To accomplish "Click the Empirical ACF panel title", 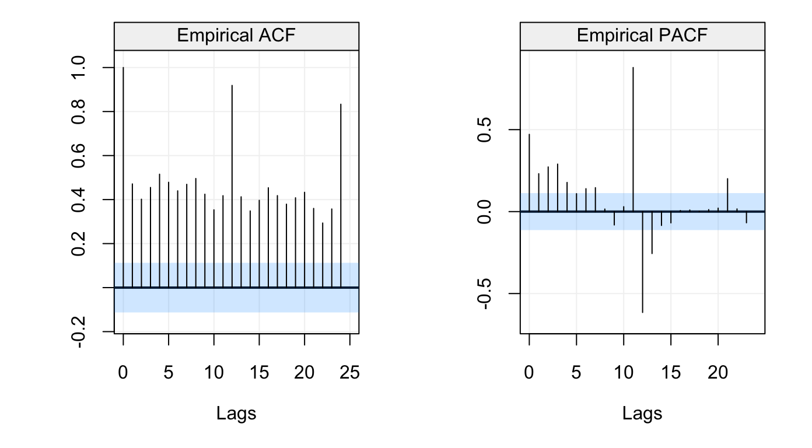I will [236, 36].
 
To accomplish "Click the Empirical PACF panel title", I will [642, 36].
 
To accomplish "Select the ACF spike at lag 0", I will [123, 175].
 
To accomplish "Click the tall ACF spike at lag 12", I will [232, 187].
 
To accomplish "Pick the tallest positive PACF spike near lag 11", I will [633, 140].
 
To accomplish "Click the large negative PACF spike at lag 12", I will [642, 262].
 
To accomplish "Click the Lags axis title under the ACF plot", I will [236, 414].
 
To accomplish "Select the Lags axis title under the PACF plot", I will [642, 414].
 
